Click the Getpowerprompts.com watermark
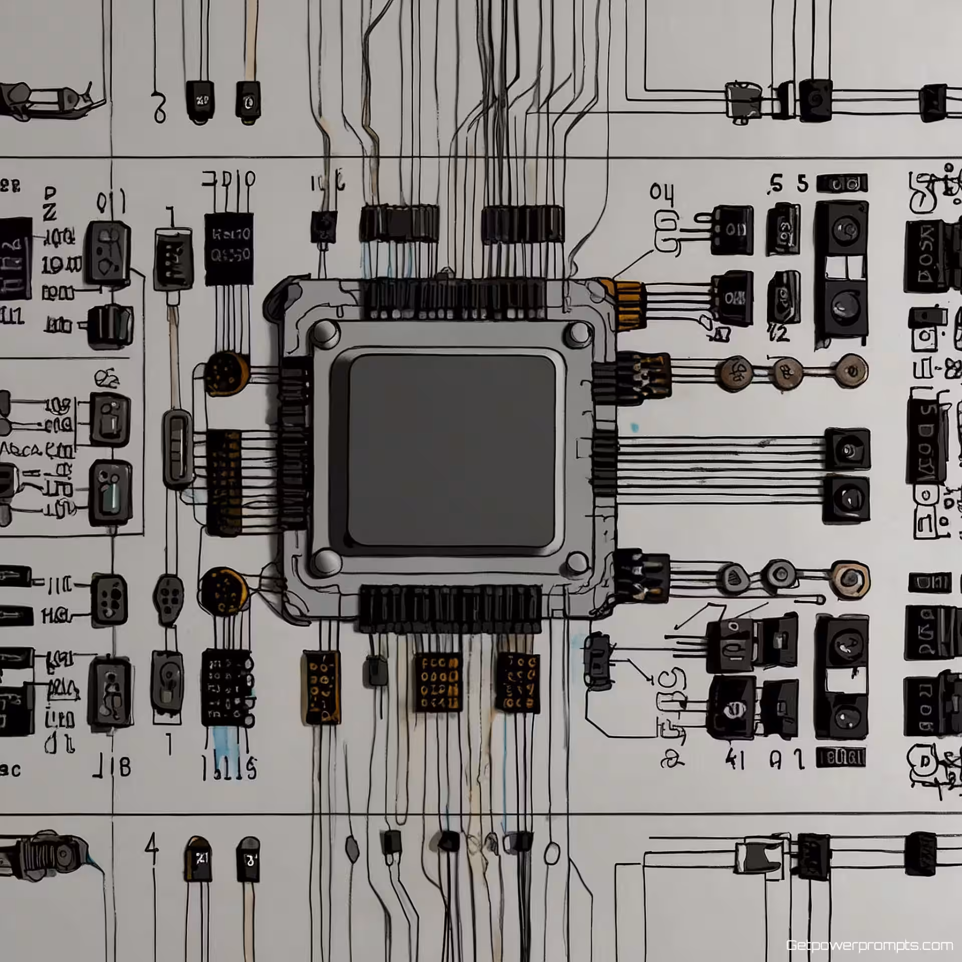[x=869, y=945]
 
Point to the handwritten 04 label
[x=662, y=192]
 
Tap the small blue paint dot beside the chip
[x=635, y=427]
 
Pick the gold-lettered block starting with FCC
[x=437, y=682]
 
